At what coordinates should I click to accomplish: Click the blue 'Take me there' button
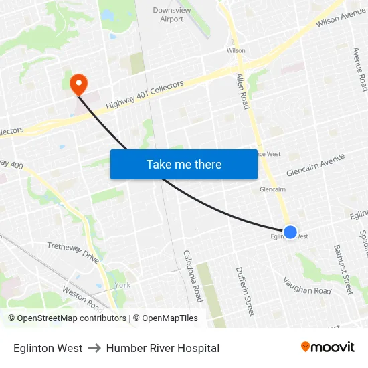coord(184,164)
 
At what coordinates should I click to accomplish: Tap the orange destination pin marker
coord(79,84)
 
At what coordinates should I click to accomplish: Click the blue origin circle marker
coord(290,232)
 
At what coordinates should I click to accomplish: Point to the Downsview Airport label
coord(172,15)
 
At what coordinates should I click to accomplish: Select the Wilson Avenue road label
coord(341,20)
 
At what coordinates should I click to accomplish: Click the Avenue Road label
coord(360,70)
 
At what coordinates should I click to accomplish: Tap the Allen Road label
coord(242,92)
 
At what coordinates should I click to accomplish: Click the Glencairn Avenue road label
coord(314,165)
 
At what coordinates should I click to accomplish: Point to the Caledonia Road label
coord(192,276)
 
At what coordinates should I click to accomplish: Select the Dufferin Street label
coord(245,291)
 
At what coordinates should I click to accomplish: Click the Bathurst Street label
coord(343,270)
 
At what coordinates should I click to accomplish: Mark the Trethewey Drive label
coord(73,252)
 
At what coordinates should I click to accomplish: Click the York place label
coord(122,285)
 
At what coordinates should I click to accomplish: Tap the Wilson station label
coord(236,50)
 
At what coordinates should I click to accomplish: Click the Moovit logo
coord(328,347)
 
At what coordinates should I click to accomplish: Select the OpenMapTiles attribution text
coord(165,318)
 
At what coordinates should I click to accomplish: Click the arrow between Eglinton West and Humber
coord(94,348)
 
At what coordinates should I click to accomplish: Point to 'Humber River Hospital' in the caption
coord(163,348)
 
